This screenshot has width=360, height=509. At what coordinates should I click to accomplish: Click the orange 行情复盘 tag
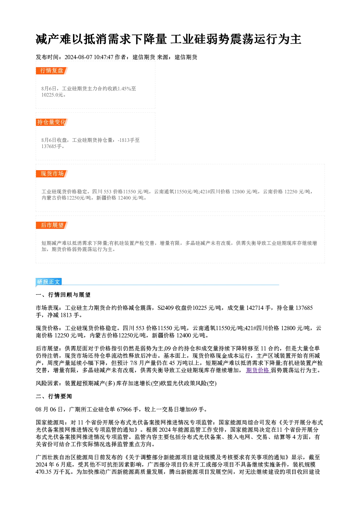point(52,71)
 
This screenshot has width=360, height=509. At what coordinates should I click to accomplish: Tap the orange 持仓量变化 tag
point(52,122)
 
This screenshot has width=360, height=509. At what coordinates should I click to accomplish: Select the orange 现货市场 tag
point(52,174)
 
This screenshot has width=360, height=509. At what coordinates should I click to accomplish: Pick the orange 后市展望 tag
point(52,225)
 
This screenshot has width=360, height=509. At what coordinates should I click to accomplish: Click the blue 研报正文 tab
point(49,282)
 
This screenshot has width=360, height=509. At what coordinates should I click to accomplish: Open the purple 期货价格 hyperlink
point(258,370)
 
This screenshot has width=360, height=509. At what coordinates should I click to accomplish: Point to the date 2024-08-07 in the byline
point(78,57)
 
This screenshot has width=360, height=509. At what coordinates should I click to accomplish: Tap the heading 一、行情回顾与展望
point(63,295)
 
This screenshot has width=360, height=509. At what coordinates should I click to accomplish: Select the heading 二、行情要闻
point(54,397)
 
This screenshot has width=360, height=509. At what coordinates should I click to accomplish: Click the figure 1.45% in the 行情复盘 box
point(124,89)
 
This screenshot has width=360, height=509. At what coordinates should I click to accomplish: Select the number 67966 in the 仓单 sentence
point(124,410)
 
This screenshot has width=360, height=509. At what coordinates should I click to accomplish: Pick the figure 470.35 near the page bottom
point(44,472)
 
